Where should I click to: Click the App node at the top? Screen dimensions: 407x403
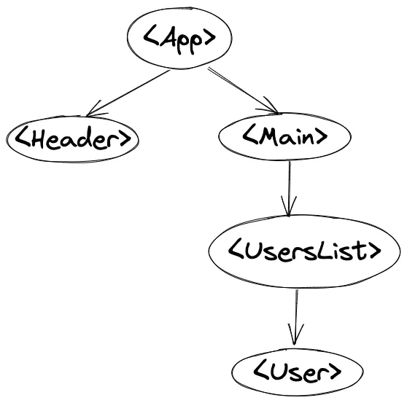[179, 38]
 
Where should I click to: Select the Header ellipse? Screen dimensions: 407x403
[73, 139]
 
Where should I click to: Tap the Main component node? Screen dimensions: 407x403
[284, 137]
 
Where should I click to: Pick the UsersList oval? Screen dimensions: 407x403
[304, 251]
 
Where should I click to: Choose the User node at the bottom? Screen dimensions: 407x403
[297, 372]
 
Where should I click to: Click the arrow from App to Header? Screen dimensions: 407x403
[128, 93]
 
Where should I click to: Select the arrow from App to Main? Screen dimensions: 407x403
[243, 90]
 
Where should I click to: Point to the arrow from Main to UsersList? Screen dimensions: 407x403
[289, 189]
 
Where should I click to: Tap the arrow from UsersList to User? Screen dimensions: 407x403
[295, 318]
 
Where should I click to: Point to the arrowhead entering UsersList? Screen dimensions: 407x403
[289, 207]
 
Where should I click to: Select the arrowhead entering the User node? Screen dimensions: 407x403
[295, 335]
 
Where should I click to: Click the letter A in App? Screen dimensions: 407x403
[167, 37]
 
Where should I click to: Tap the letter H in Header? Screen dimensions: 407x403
[38, 137]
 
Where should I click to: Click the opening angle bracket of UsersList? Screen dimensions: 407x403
[236, 251]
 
